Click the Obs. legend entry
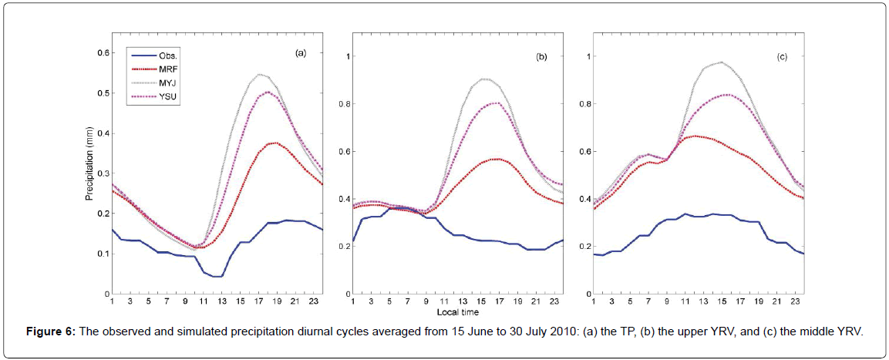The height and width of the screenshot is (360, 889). tap(168, 56)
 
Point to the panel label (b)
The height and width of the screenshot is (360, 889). tap(542, 57)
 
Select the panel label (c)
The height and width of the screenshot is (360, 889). tap(783, 57)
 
